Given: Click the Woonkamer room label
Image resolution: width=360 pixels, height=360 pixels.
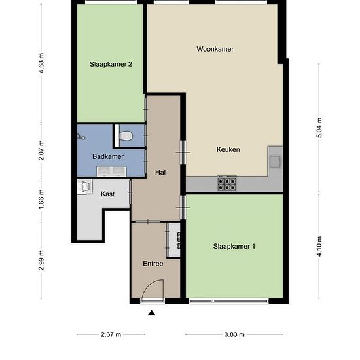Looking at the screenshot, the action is tap(215, 49).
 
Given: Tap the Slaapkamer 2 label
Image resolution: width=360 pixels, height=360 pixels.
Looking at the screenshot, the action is tap(111, 64).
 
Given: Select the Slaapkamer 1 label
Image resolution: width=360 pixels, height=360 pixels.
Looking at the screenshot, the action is tap(234, 246).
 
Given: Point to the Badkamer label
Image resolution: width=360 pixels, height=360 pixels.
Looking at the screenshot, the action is tap(108, 156).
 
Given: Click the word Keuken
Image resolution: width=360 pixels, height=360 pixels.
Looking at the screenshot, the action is tap(228, 149).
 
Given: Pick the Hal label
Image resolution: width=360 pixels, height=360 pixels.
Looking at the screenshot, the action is tap(160, 172).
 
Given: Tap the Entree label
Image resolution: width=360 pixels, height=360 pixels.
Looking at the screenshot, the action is tap(153, 264).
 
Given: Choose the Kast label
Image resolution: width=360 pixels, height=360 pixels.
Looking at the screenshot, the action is tap(108, 194).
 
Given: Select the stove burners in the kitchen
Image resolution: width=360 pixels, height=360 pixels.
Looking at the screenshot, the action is tap(227, 183).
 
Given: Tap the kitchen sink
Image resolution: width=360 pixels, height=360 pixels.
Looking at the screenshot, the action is tap(276, 162).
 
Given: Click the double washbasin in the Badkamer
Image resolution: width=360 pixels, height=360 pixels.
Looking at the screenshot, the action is tap(111, 171).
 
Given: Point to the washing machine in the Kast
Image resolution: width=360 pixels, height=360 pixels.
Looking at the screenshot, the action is tap(84, 187).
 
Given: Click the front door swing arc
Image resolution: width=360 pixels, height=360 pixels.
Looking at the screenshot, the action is tap(150, 285).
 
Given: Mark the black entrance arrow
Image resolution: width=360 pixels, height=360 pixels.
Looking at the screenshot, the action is tap(152, 313).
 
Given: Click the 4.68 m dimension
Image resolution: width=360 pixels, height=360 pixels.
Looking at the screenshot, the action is tap(41, 63).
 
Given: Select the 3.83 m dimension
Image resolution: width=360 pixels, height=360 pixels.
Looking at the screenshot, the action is tap(234, 334).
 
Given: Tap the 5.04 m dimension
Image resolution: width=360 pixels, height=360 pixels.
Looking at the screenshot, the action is tap(319, 128).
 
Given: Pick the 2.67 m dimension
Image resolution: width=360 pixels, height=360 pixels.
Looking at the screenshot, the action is tap(111, 334).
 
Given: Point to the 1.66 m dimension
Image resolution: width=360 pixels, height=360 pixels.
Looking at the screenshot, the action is tap(41, 199).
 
